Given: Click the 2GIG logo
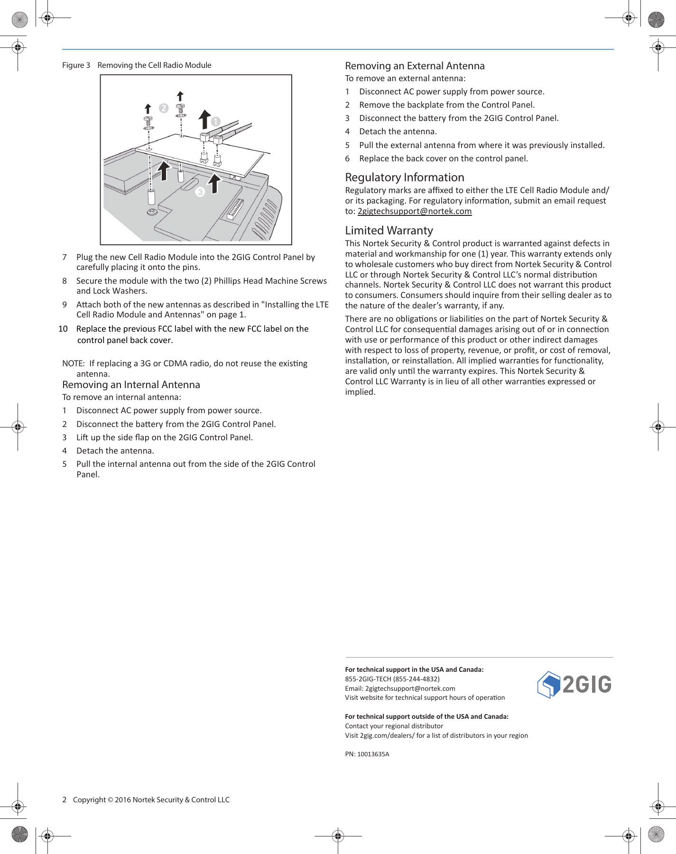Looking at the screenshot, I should [574, 684].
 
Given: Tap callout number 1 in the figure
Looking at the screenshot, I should [216, 121].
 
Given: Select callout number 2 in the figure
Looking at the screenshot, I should [164, 108].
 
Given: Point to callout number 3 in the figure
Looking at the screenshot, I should [200, 192].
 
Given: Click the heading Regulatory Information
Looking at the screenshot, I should [404, 177].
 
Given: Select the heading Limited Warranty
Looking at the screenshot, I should [389, 231].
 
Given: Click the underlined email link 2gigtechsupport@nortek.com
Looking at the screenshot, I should [414, 211].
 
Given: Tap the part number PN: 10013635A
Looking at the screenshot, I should [367, 754].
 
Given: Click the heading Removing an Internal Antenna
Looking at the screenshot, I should [131, 385].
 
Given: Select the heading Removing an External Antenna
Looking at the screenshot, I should [415, 66].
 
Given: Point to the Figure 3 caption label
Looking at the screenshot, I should [76, 65].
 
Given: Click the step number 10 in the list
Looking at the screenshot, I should [63, 329].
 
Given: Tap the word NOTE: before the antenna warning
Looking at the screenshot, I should [73, 363].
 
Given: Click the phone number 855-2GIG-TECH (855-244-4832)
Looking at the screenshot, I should [392, 679].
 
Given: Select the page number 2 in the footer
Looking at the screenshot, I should [64, 799].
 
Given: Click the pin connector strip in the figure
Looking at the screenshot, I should [235, 209].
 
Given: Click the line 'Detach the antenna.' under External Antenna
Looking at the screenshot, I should [398, 131].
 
